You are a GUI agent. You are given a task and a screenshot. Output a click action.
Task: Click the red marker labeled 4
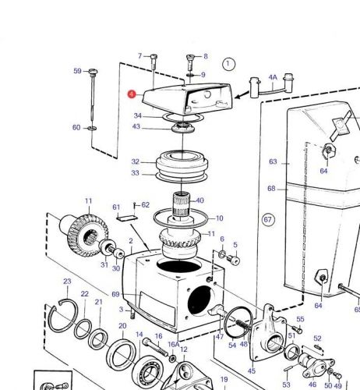point(132,93)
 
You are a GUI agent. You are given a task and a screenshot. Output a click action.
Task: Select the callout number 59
point(77,71)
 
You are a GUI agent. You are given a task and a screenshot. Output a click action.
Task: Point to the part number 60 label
point(76,127)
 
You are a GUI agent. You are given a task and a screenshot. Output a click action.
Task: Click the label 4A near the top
point(273,78)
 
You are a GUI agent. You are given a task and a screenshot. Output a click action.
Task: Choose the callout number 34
point(137,116)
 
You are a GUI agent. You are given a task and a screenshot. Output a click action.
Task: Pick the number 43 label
point(137,127)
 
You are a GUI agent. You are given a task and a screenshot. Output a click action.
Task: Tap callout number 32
point(135,162)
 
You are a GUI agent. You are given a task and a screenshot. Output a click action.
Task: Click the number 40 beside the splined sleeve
point(199,200)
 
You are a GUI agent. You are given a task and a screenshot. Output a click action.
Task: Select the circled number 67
point(268,220)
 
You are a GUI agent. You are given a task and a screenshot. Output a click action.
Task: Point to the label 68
point(271,189)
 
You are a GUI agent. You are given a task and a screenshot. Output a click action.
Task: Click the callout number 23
point(67,282)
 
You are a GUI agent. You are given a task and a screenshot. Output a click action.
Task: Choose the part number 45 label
point(252,370)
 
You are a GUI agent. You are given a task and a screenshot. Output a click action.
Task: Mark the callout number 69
point(115,294)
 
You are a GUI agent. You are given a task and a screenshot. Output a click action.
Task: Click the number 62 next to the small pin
point(145,205)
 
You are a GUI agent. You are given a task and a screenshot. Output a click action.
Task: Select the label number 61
point(116,207)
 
